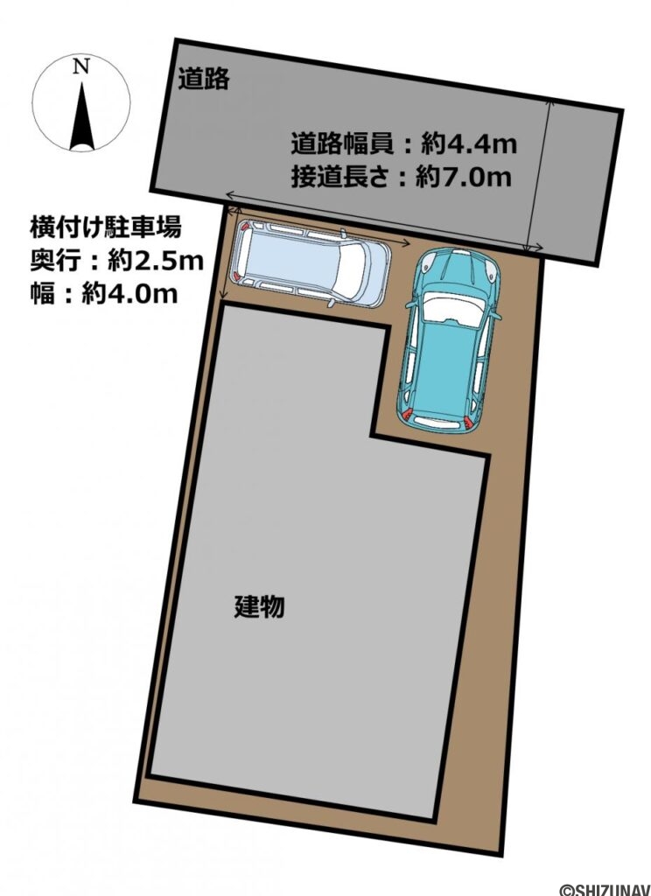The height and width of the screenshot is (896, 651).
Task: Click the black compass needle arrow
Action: coord(81,114)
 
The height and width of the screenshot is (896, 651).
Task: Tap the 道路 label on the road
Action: coord(204,79)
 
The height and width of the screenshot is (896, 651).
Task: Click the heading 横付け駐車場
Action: coord(105,229)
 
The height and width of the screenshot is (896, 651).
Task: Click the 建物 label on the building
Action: coord(259,605)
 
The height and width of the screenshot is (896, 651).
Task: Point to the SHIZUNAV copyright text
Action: coord(604,888)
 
